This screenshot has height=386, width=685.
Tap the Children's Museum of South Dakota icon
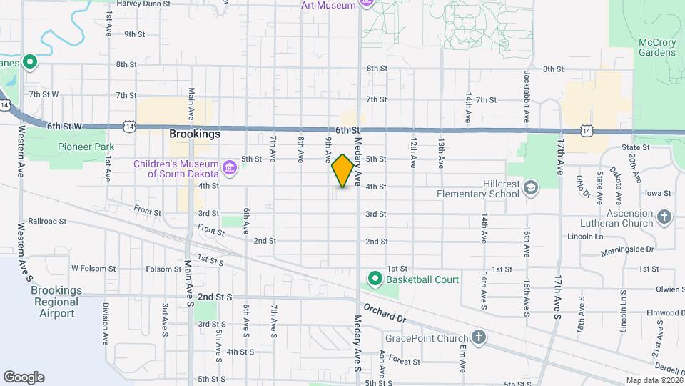click(230, 169)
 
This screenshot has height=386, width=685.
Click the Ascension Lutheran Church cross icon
click(664, 217)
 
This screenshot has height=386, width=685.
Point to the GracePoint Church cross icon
click(478, 337)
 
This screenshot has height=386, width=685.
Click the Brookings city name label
click(195, 134)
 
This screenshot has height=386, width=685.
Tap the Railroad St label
click(47, 222)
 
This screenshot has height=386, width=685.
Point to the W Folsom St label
click(93, 269)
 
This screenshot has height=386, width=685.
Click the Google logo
click(24, 377)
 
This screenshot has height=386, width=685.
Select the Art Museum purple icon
click(367, 4)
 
